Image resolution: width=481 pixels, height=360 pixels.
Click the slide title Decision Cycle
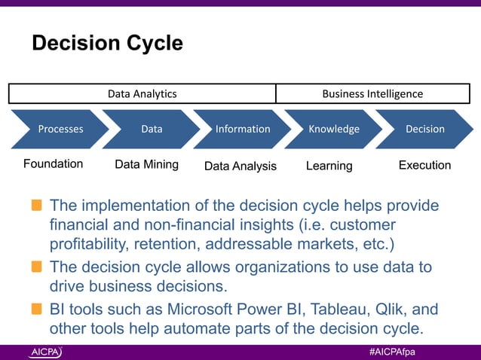(106, 44)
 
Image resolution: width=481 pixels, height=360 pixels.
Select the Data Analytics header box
(142, 94)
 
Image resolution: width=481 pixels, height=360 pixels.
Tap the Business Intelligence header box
(372, 94)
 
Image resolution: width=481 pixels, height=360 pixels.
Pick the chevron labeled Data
(152, 129)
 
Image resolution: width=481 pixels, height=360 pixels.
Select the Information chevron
(243, 129)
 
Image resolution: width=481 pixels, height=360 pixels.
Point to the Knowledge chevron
(334, 129)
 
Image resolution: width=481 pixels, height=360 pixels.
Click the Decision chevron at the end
(424, 129)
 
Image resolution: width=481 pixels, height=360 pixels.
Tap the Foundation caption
(53, 164)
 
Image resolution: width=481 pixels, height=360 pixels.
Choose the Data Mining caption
(146, 165)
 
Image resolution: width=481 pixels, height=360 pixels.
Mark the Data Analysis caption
(240, 166)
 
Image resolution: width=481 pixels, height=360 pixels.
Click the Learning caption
(329, 166)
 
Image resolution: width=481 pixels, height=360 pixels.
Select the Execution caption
(424, 165)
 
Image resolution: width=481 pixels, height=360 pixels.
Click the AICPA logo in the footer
(46, 352)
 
